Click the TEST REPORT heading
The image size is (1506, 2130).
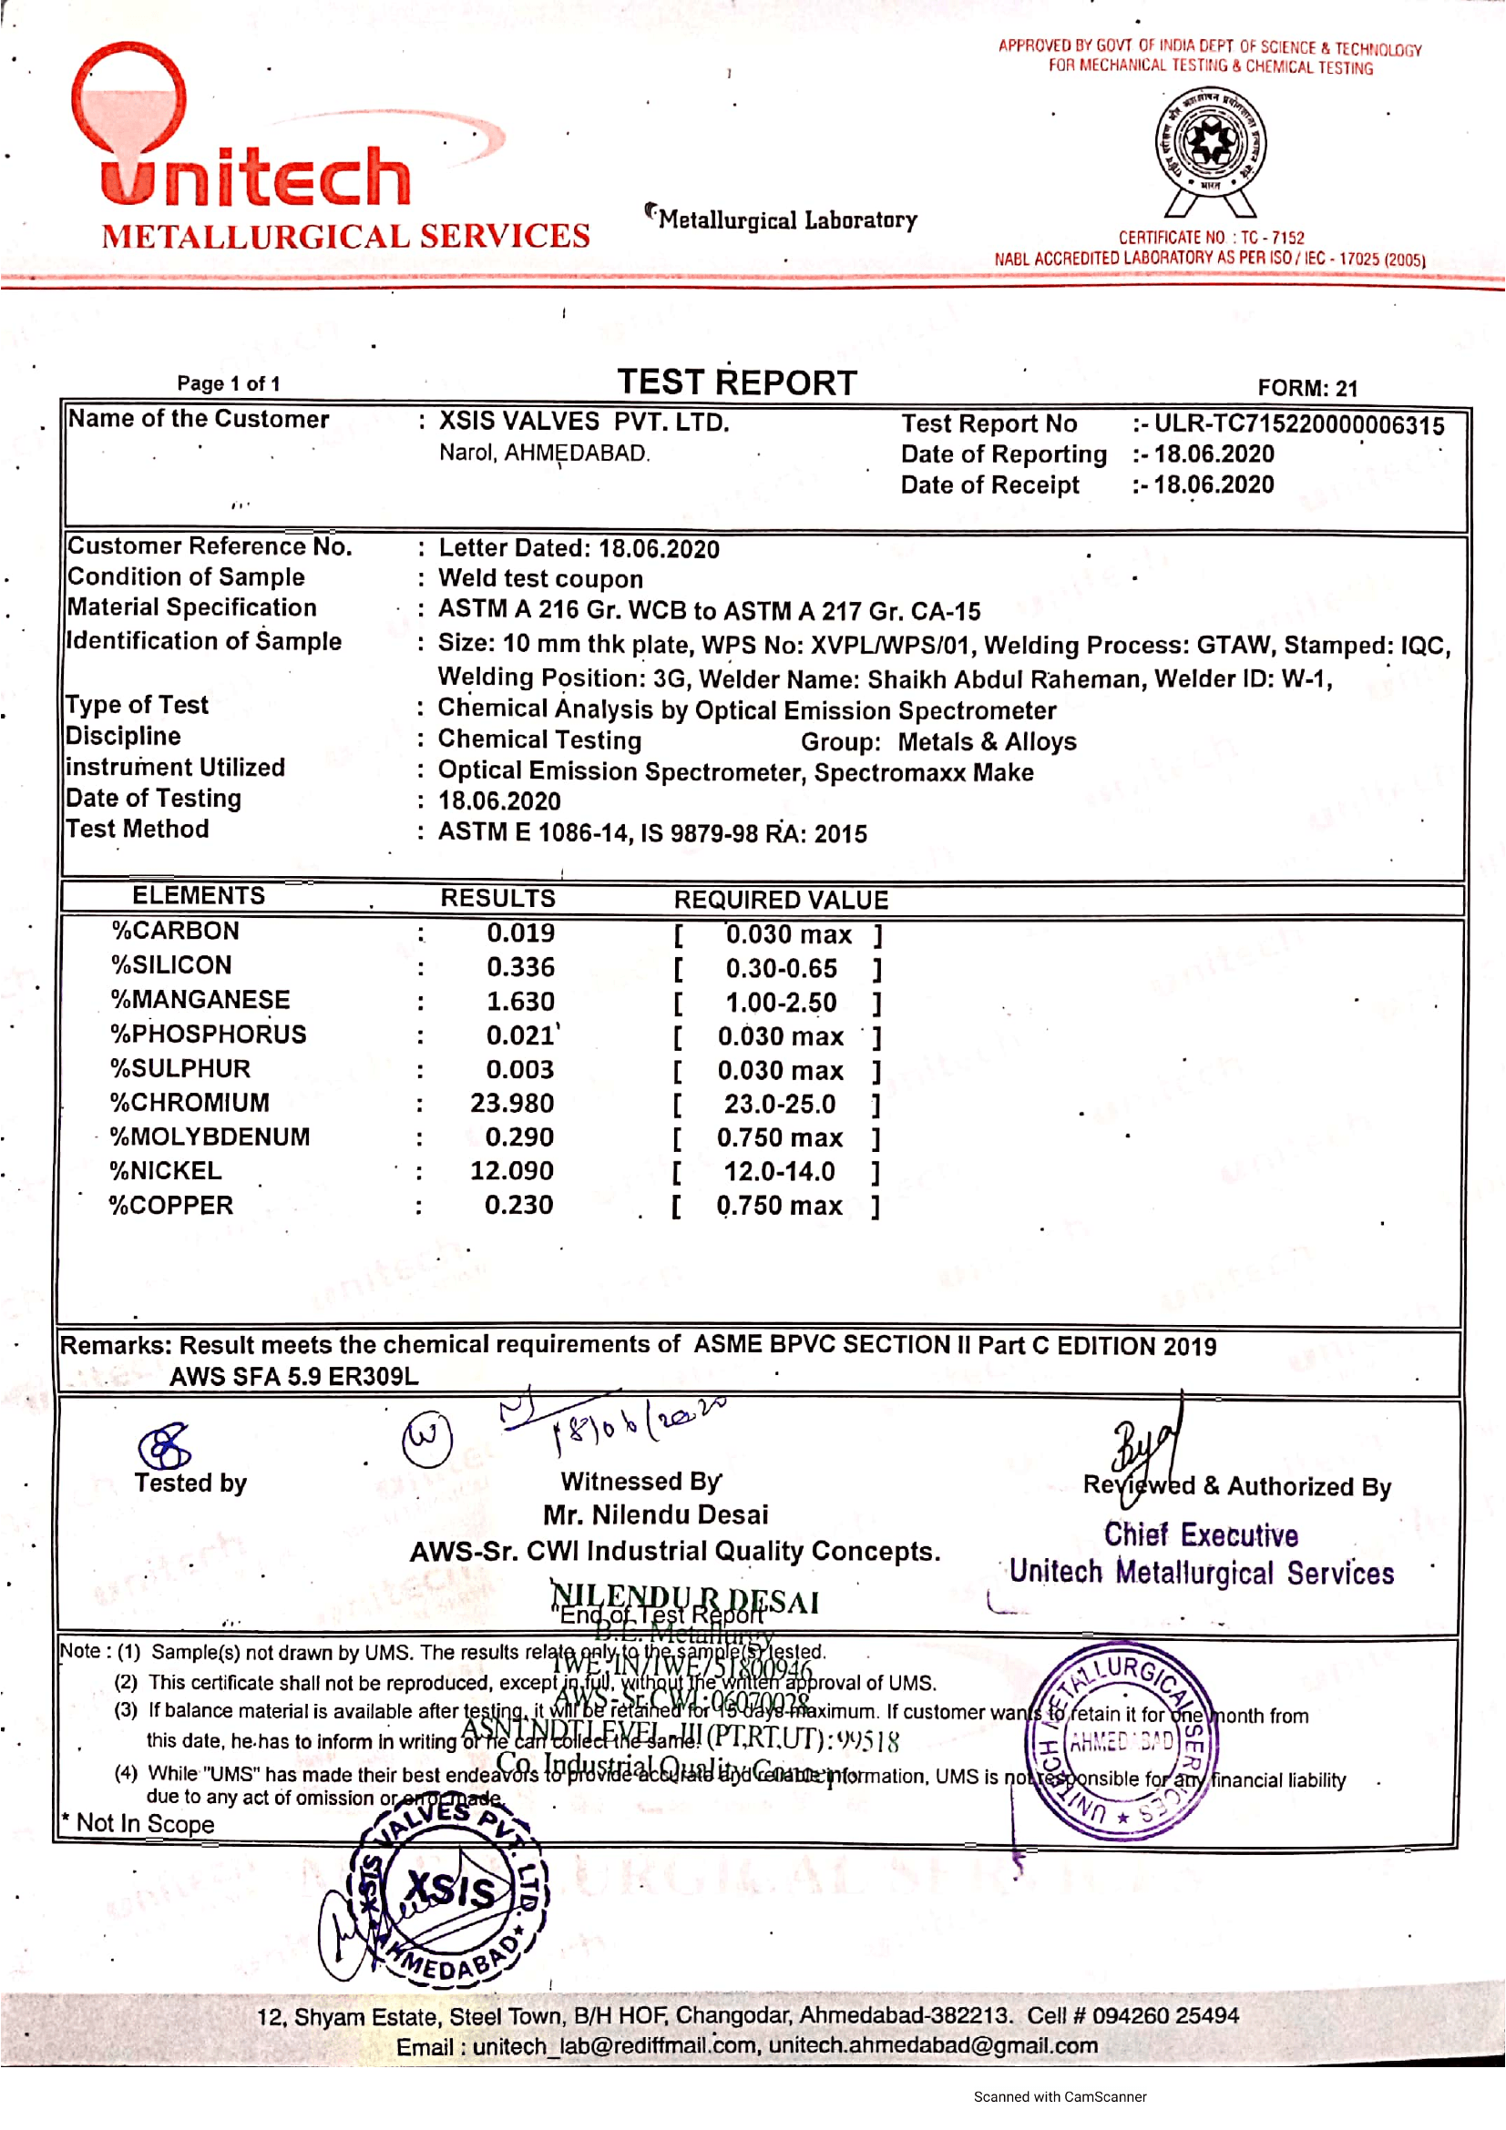[x=737, y=383]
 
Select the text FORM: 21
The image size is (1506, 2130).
[x=1306, y=388]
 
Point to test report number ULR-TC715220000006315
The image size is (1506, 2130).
[x=1298, y=425]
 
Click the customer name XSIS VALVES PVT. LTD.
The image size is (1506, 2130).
[x=584, y=423]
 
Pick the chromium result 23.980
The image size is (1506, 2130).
[x=511, y=1103]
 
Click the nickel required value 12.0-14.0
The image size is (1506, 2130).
[x=780, y=1172]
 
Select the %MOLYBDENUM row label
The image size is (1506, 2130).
[x=210, y=1137]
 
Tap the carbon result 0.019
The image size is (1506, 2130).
[x=520, y=933]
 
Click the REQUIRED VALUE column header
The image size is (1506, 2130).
[x=781, y=900]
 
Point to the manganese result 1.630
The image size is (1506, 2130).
[x=520, y=1002]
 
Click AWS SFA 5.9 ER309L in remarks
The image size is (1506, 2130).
[x=293, y=1377]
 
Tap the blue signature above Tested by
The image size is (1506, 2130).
[x=164, y=1445]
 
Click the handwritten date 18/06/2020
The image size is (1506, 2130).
[x=640, y=1424]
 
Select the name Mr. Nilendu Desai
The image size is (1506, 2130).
[x=655, y=1515]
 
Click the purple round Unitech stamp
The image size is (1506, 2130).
[x=1122, y=1742]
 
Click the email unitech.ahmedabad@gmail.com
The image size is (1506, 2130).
[x=933, y=2045]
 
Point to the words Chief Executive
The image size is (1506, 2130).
[x=1201, y=1535]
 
